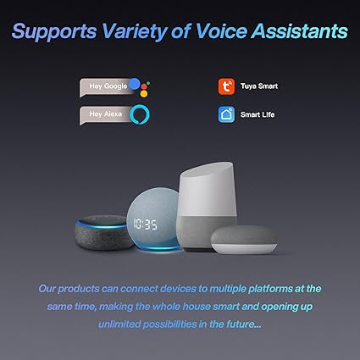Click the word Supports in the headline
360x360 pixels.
click(x=54, y=31)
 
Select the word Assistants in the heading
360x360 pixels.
click(x=300, y=30)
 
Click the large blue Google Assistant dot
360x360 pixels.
click(x=135, y=84)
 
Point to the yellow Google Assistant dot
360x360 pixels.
click(x=144, y=94)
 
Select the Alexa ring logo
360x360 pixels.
click(x=140, y=114)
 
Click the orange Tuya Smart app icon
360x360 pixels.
click(x=226, y=86)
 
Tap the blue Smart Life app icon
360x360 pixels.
click(x=226, y=114)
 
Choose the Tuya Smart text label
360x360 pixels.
click(x=259, y=86)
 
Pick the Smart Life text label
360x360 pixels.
click(x=258, y=114)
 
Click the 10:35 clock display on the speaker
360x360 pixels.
click(x=146, y=224)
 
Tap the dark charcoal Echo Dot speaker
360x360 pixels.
click(x=103, y=233)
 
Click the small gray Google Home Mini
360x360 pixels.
click(x=244, y=240)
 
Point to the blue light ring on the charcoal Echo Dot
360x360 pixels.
click(x=102, y=226)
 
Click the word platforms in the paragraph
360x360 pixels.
click(x=270, y=289)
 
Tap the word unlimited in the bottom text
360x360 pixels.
click(x=119, y=324)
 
